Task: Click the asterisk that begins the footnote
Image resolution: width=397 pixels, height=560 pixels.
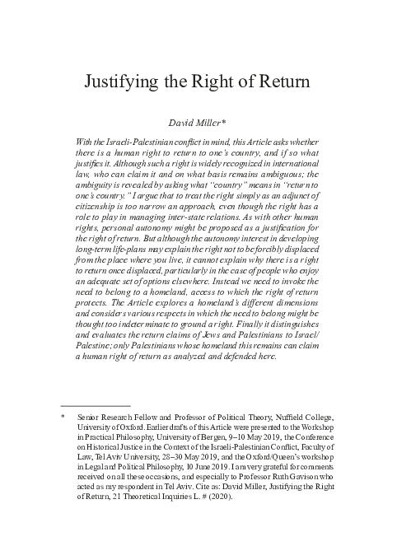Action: tap(63, 419)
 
